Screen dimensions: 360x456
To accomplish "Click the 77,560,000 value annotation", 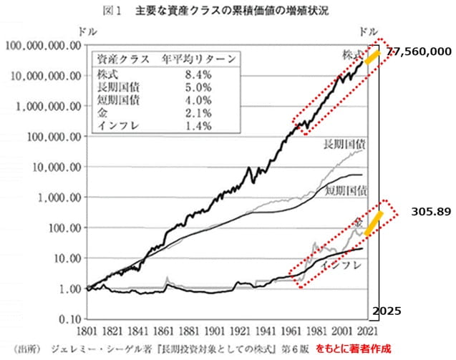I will (x=419, y=52).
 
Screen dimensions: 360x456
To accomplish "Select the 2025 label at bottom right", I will (x=386, y=311).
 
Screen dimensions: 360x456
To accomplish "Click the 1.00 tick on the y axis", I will (x=64, y=288).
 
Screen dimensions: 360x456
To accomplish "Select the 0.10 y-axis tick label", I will (x=64, y=318).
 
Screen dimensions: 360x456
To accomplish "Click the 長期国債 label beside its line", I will (x=342, y=141).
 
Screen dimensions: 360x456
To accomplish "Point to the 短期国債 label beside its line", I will (x=345, y=191).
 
